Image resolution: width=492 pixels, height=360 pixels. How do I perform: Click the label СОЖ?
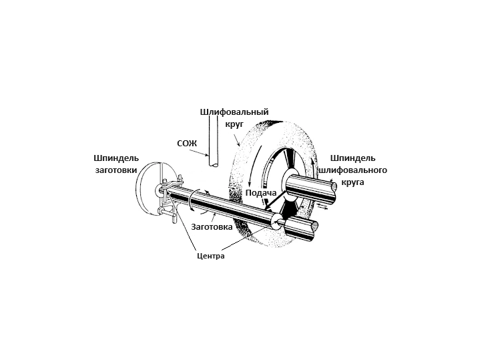click(187, 144)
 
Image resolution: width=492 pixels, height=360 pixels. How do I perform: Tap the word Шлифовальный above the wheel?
click(234, 112)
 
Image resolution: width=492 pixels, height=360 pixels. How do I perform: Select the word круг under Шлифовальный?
click(234, 124)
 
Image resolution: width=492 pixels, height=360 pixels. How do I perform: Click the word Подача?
click(261, 193)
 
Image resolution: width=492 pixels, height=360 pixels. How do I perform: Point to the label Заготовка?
click(212, 226)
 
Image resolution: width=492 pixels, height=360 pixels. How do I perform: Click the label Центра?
click(211, 256)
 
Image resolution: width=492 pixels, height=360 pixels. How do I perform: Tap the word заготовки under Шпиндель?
click(116, 170)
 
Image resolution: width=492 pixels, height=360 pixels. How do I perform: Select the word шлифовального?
click(353, 170)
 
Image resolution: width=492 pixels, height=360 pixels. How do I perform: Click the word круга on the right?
click(353, 182)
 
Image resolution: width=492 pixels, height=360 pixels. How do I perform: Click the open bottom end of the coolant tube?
click(214, 164)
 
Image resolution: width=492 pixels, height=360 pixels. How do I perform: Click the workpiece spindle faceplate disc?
click(149, 190)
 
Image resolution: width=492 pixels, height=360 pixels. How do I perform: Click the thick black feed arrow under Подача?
click(276, 200)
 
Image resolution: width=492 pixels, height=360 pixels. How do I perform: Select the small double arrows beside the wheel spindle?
click(322, 206)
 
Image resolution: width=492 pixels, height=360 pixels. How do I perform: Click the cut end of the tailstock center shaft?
click(314, 230)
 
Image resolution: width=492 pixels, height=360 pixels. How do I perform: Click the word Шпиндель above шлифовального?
click(353, 158)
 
